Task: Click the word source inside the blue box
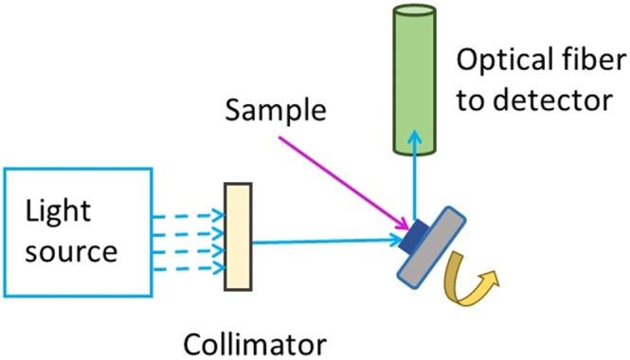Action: [71, 251]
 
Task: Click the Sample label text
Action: [276, 113]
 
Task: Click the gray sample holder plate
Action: [436, 248]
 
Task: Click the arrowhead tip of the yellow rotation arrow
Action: [494, 277]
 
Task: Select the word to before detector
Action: [472, 99]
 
